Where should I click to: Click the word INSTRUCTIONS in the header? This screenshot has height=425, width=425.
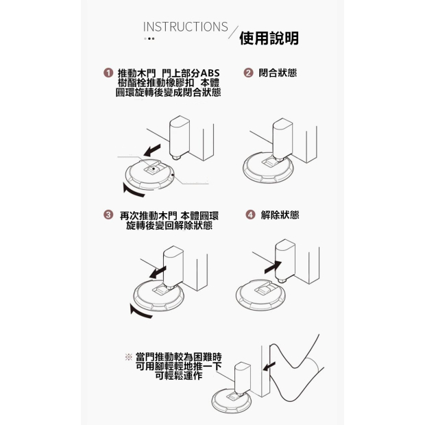tap(185, 27)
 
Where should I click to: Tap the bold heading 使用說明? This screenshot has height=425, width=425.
tap(269, 38)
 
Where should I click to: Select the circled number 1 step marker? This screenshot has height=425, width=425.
tap(108, 73)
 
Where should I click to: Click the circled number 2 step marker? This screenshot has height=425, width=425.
tap(248, 73)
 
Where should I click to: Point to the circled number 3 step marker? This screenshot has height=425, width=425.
tap(108, 215)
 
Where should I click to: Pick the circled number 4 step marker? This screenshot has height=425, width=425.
tap(250, 215)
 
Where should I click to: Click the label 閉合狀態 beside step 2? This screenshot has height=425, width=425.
tap(278, 73)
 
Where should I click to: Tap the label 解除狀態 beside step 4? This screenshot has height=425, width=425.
tap(280, 215)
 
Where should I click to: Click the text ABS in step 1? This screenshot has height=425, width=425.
tap(210, 73)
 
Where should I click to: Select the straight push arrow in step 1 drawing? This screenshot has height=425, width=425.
tap(152, 150)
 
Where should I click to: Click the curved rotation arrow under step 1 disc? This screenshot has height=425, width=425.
tap(133, 191)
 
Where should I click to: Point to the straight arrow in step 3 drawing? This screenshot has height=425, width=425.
tap(158, 272)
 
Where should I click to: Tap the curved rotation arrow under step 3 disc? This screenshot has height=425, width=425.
tap(140, 312)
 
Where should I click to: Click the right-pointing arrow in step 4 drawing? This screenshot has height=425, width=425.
tap(273, 267)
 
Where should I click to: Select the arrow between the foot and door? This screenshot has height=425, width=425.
tap(269, 366)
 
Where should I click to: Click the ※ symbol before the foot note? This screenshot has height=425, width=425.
tap(128, 356)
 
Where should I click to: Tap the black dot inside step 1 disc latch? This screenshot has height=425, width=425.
tap(154, 169)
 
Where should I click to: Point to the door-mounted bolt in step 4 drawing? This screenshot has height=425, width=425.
tap(285, 260)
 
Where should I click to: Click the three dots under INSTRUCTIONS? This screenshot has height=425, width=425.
tap(149, 38)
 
